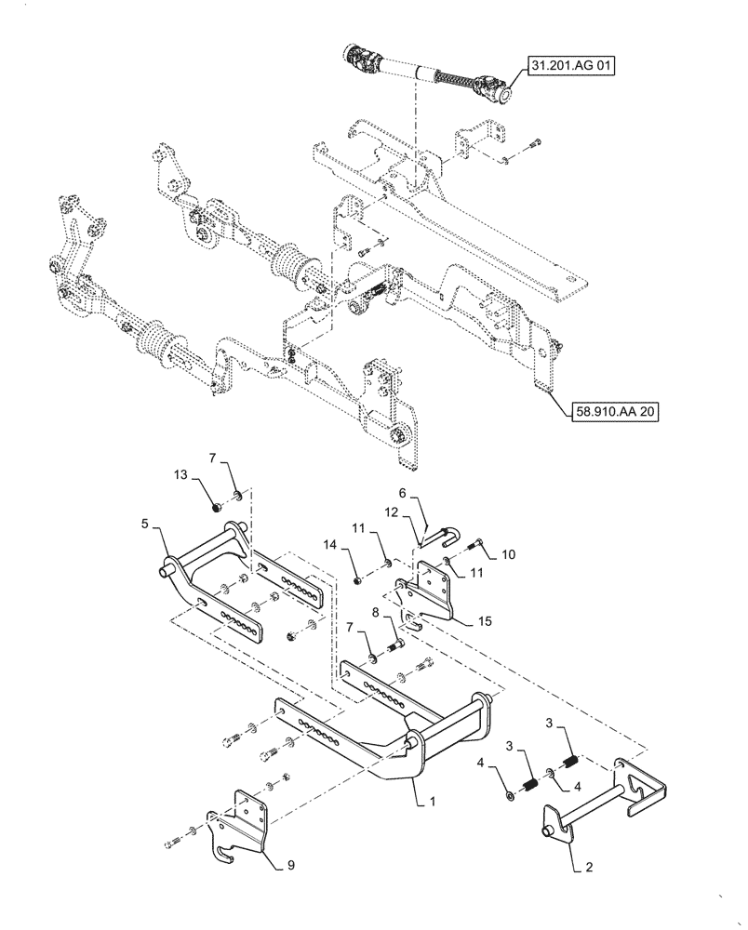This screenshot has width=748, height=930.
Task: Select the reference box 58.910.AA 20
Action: (609, 412)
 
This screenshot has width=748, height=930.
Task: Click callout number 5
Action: (146, 525)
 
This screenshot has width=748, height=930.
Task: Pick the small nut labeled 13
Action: (217, 507)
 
